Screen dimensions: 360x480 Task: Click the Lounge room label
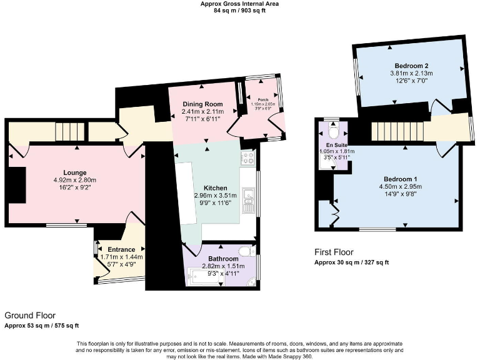pos(74,172)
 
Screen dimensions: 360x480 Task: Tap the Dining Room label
pos(202,104)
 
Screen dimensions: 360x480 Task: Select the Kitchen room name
pos(215,188)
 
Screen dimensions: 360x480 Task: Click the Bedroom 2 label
pos(411,66)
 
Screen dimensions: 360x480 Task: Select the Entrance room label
pos(122,249)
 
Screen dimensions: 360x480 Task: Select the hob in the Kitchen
pos(247,158)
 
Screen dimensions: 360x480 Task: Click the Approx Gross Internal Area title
pos(239,4)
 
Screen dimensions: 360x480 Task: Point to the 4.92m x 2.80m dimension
pos(74,180)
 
